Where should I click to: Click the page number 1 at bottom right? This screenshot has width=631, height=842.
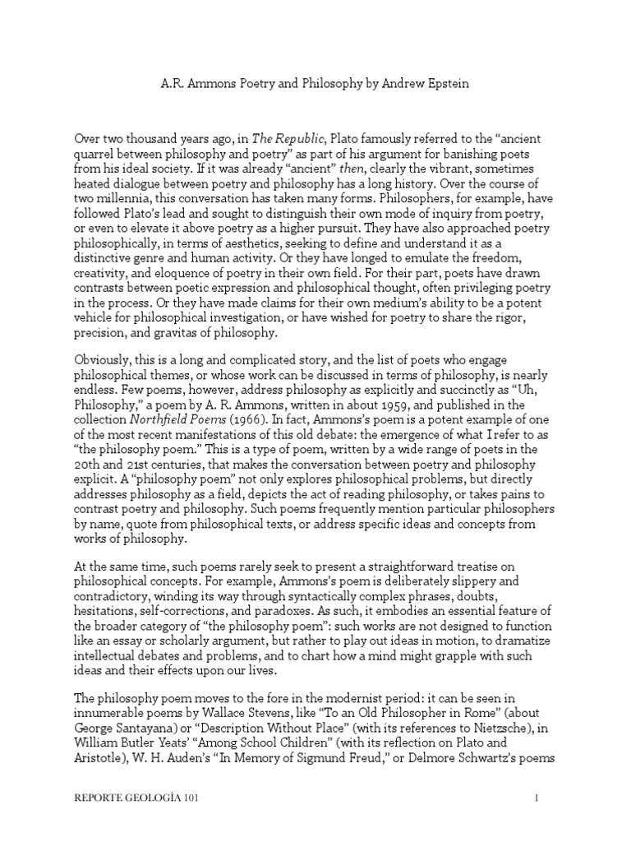[x=536, y=820]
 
